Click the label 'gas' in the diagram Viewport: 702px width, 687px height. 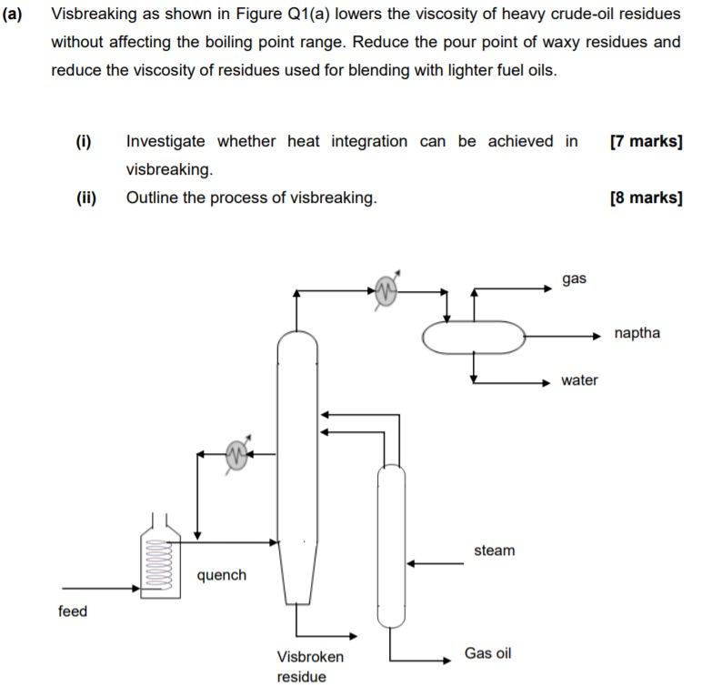coord(574,278)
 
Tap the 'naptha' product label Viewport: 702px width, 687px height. coord(637,333)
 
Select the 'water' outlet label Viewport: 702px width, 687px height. coord(579,380)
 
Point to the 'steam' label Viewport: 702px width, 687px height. coord(494,551)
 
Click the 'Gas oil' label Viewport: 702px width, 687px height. coord(487,653)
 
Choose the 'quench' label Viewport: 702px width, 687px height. coord(221,575)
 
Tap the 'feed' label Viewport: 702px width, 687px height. coord(73,611)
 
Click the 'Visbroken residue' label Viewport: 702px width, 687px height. coord(310,666)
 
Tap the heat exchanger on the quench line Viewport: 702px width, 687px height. coord(237,453)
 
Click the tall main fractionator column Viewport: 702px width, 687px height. coord(297,455)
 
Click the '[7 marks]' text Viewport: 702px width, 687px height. coord(647,141)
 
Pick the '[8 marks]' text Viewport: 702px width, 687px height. coord(647,197)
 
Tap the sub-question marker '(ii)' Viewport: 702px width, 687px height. coord(86,197)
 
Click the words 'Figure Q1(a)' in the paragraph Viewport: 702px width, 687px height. coord(276,15)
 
